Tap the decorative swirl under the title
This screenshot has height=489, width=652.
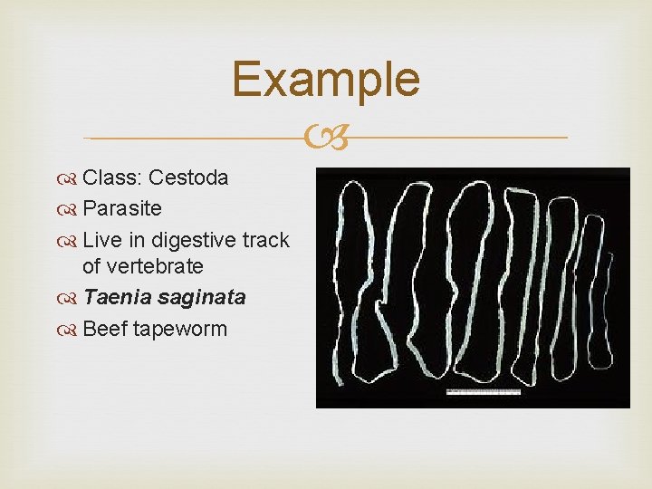(x=326, y=138)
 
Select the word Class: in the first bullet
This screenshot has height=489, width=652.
(x=112, y=177)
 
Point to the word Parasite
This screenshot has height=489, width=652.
(x=122, y=208)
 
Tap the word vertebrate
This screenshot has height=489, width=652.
(x=155, y=266)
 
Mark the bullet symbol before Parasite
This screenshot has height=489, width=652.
(x=69, y=209)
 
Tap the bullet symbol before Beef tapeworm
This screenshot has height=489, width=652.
(x=69, y=329)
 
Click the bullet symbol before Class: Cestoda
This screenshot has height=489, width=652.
(x=69, y=178)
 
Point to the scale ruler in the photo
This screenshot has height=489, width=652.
(x=484, y=391)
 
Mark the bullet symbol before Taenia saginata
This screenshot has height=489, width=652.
(x=69, y=298)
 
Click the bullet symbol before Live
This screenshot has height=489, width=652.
(x=69, y=241)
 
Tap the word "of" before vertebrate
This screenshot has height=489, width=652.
(x=91, y=266)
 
